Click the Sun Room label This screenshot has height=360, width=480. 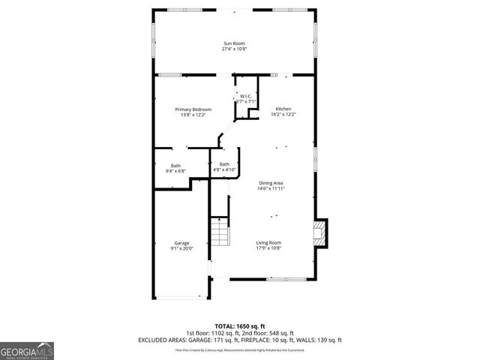click(x=234, y=43)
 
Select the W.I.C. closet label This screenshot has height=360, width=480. click(x=245, y=96)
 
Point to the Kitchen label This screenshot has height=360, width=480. click(x=283, y=109)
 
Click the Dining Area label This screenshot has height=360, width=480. click(x=271, y=183)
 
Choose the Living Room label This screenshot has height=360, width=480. click(x=268, y=242)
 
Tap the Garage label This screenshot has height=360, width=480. click(x=181, y=242)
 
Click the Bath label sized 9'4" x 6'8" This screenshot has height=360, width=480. click(x=175, y=165)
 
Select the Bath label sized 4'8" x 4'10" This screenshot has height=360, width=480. click(x=224, y=164)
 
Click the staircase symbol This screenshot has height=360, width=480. click(x=218, y=233)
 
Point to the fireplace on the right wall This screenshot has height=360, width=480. click(x=319, y=232)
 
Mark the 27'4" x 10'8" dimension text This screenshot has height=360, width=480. click(x=234, y=49)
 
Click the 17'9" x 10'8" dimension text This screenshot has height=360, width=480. click(x=268, y=248)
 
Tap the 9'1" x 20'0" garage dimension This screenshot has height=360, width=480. click(x=181, y=248)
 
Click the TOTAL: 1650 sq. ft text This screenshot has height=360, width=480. click(x=239, y=326)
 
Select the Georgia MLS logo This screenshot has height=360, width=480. click(x=27, y=350)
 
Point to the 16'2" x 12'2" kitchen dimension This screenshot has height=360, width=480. click(x=283, y=115)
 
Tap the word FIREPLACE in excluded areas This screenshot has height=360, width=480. click(x=256, y=340)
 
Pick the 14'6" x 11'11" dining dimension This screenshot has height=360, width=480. click(x=271, y=189)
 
